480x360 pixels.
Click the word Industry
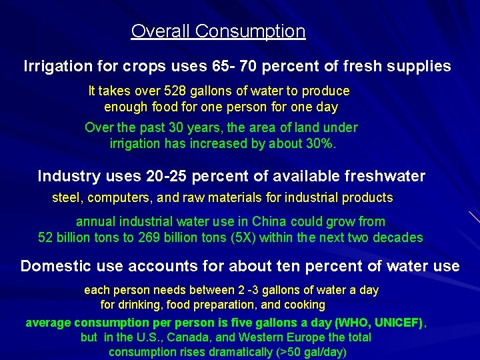pos(67,176)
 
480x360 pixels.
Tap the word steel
pos(66,198)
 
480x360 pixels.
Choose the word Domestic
pos(52,267)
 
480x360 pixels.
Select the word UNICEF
pos(397,323)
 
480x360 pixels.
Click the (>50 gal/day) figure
pos(311,352)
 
